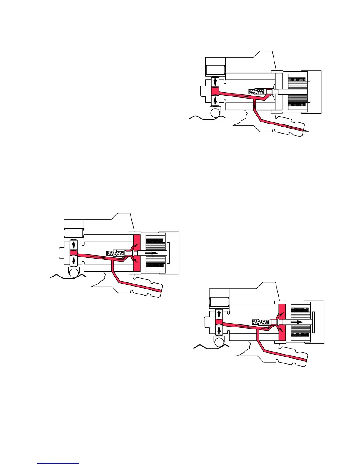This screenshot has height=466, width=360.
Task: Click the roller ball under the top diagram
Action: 215,112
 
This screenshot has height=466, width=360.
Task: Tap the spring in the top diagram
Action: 257,91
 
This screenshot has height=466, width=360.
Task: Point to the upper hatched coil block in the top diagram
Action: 296,80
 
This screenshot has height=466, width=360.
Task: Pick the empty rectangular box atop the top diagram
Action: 215,70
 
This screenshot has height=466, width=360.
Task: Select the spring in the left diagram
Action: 115,253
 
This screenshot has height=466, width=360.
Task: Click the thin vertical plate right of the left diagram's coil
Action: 168,253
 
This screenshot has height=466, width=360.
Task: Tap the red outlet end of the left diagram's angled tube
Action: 161,291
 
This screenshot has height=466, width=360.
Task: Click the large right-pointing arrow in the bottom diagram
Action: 297,322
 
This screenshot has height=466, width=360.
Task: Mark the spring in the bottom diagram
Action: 261,322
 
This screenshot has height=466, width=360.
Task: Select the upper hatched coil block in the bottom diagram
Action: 300,310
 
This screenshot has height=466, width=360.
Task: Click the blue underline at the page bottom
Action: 58,463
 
